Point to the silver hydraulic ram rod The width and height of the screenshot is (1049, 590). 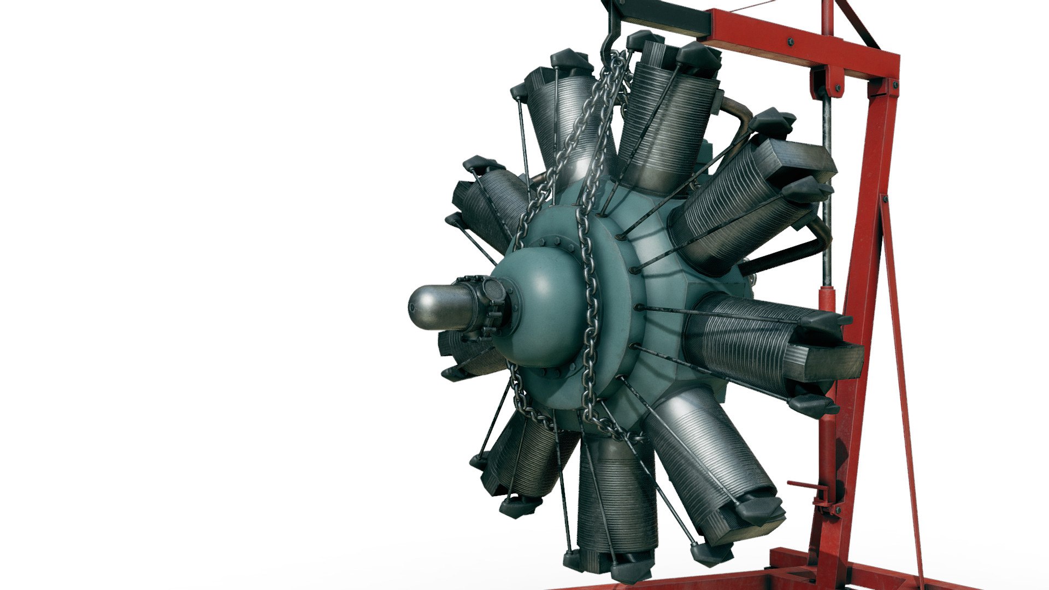(x=827, y=191)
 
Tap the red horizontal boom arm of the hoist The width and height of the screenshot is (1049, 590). (x=798, y=41)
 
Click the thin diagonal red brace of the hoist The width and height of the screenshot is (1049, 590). (x=901, y=382)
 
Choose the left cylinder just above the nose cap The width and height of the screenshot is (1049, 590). (x=486, y=202)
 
